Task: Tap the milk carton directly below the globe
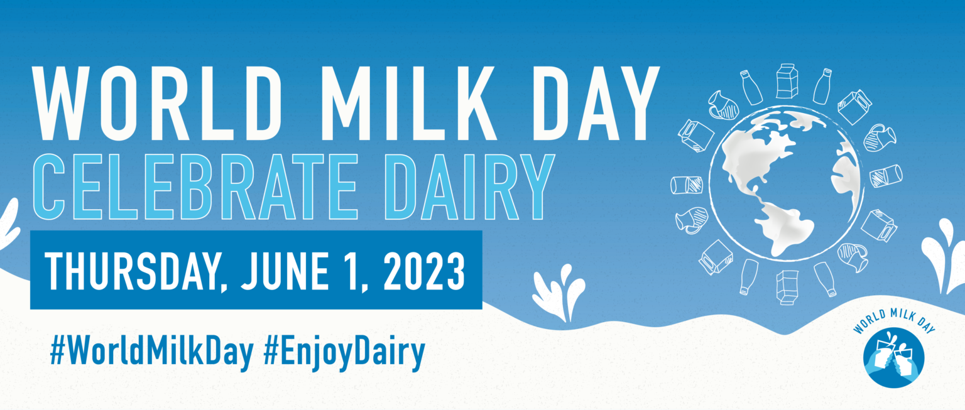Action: point(787,287)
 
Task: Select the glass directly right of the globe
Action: point(886,176)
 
